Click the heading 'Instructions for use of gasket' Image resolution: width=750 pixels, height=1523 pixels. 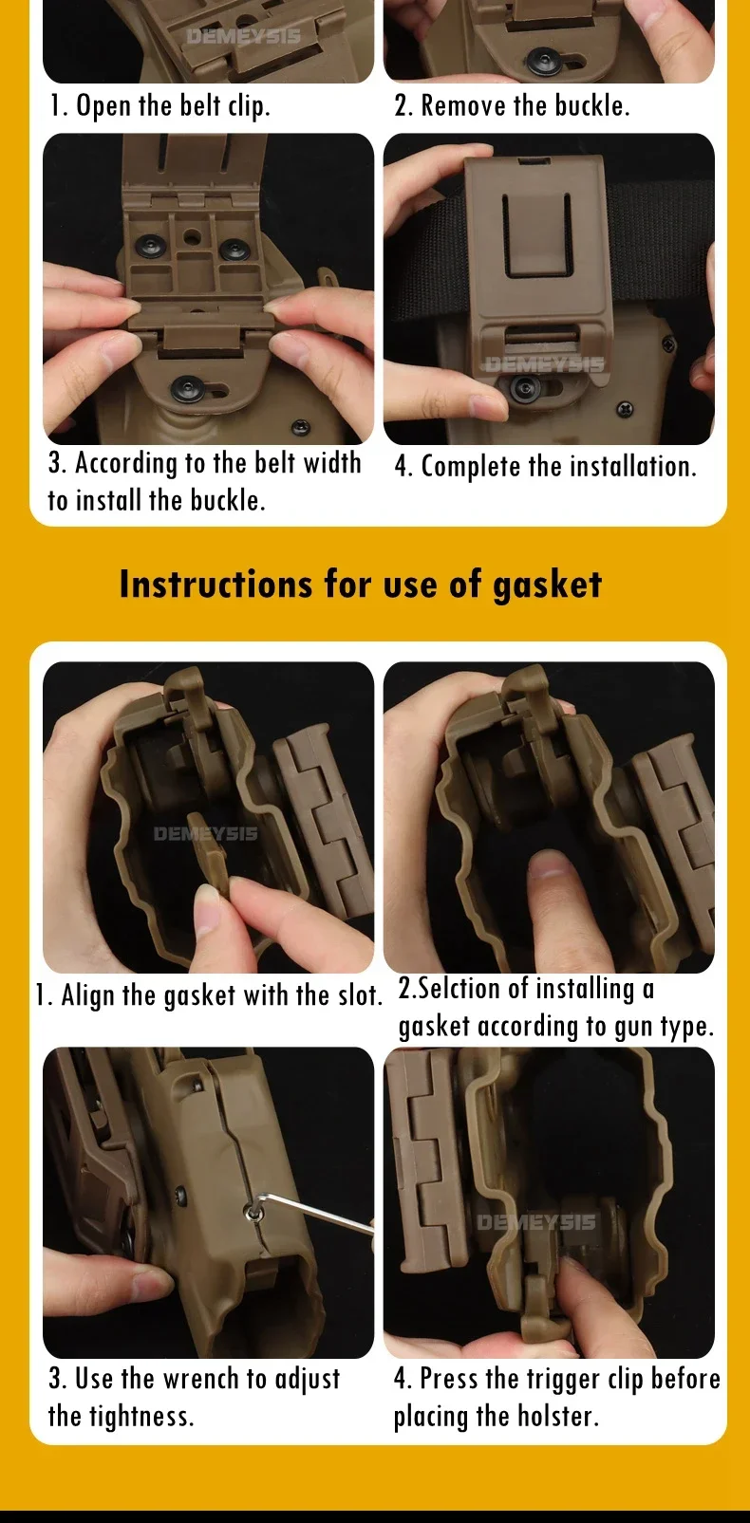point(361,585)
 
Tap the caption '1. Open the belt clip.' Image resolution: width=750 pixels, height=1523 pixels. point(159,106)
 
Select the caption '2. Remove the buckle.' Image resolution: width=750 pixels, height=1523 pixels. point(512,105)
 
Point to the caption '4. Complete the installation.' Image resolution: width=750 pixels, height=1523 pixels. point(545,467)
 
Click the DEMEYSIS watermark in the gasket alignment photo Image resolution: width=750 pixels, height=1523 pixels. point(205,833)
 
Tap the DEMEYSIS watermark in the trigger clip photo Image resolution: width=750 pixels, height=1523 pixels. point(535,1222)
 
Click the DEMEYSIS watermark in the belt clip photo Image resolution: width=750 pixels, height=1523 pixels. point(243,36)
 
